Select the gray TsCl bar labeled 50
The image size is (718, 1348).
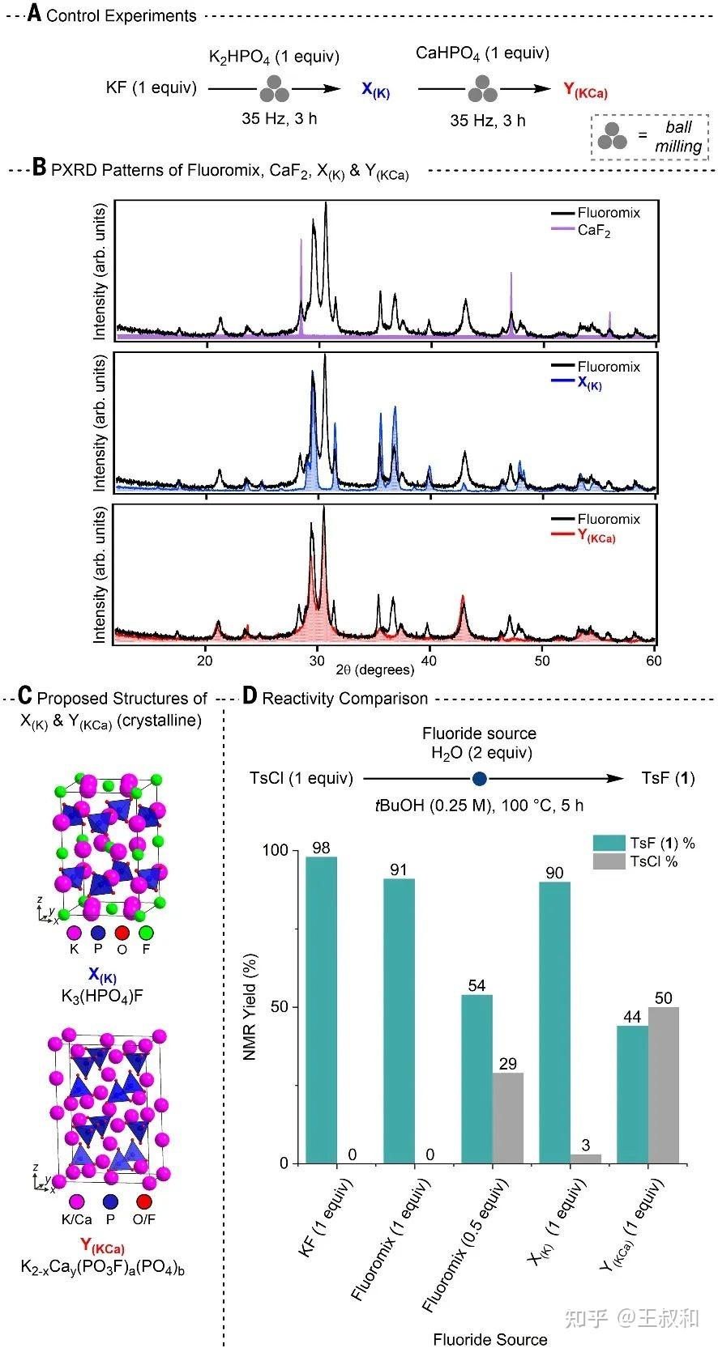pos(664,1085)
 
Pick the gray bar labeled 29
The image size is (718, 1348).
pos(508,1118)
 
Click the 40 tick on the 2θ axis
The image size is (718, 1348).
pos(429,661)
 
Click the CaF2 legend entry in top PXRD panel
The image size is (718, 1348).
pos(595,231)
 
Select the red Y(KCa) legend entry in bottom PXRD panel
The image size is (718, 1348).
pos(596,537)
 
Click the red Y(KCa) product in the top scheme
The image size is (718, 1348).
pos(585,91)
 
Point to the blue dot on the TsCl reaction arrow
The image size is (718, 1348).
pos(480,779)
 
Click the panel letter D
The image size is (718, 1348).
pos(250,696)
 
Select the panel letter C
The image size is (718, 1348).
pos(24,696)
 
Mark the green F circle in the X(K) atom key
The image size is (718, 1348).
pos(146,933)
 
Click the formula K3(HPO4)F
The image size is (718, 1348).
pos(103,995)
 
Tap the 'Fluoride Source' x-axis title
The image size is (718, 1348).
pos(489,1339)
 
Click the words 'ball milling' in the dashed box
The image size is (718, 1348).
pos(677,137)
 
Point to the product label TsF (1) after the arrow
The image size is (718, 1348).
pos(668,779)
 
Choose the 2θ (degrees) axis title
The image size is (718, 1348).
pos(375,670)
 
